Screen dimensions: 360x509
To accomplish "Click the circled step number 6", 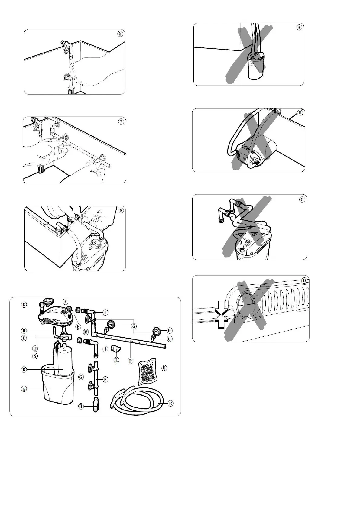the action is click(120, 34).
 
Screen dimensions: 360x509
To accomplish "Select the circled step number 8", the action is click(121, 210).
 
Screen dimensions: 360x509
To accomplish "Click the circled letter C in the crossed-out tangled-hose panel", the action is click(302, 199).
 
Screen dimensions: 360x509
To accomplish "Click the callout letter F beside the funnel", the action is click(65, 301).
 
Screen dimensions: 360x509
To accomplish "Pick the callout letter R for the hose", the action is click(170, 403).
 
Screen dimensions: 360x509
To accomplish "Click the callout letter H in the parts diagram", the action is click(81, 406).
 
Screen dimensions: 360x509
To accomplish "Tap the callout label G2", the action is click(170, 339).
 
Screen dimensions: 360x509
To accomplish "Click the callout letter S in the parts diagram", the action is click(35, 356).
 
